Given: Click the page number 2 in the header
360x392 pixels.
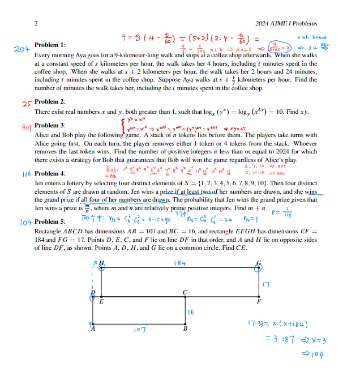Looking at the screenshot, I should [36, 23].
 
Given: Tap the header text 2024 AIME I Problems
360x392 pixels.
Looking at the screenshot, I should [286, 23].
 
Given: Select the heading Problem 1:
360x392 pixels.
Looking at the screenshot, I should [50, 45].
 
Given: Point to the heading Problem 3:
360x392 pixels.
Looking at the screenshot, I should [50, 125].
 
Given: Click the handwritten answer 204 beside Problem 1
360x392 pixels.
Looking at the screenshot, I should [21, 49].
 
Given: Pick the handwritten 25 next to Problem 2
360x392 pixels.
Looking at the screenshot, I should [26, 103].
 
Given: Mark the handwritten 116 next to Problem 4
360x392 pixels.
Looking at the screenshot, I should [26, 173].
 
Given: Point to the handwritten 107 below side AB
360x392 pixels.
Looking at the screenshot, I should [140, 329].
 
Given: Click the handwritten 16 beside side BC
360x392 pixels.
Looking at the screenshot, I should [191, 311].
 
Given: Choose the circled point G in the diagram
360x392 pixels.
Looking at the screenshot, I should [260, 266].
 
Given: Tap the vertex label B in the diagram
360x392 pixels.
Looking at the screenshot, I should [185, 329].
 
